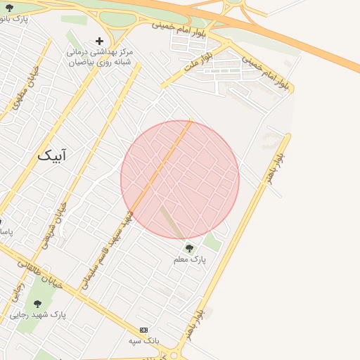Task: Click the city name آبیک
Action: coord(52,155)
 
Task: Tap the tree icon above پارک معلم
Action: coord(188,247)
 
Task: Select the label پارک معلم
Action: coord(190,259)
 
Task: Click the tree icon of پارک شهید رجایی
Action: coord(37,304)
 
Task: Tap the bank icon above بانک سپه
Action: coord(144,329)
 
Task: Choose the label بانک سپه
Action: coord(144,340)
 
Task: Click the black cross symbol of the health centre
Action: coord(99,41)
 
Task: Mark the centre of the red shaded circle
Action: coord(180,179)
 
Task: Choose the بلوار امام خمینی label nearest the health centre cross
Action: coord(177,25)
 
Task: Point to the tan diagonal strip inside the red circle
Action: coord(172,221)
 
